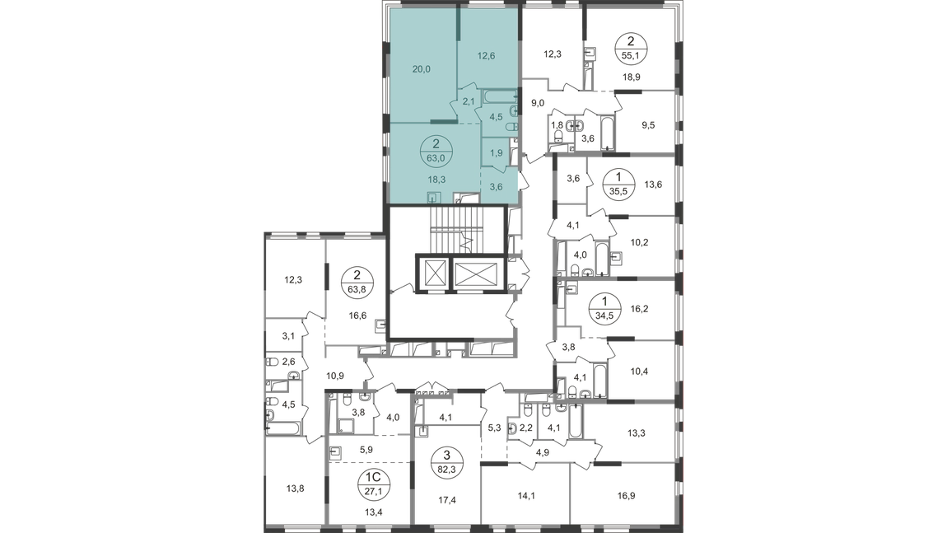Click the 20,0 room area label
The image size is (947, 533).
pos(422,68)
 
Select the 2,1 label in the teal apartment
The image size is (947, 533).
pos(467,101)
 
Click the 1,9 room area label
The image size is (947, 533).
pos(497,153)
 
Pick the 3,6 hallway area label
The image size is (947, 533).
pos(497,186)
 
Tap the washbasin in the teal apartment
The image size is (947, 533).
pos(514,110)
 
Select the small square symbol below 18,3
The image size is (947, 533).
pos(436,197)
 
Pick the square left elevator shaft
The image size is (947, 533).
pos(434,273)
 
